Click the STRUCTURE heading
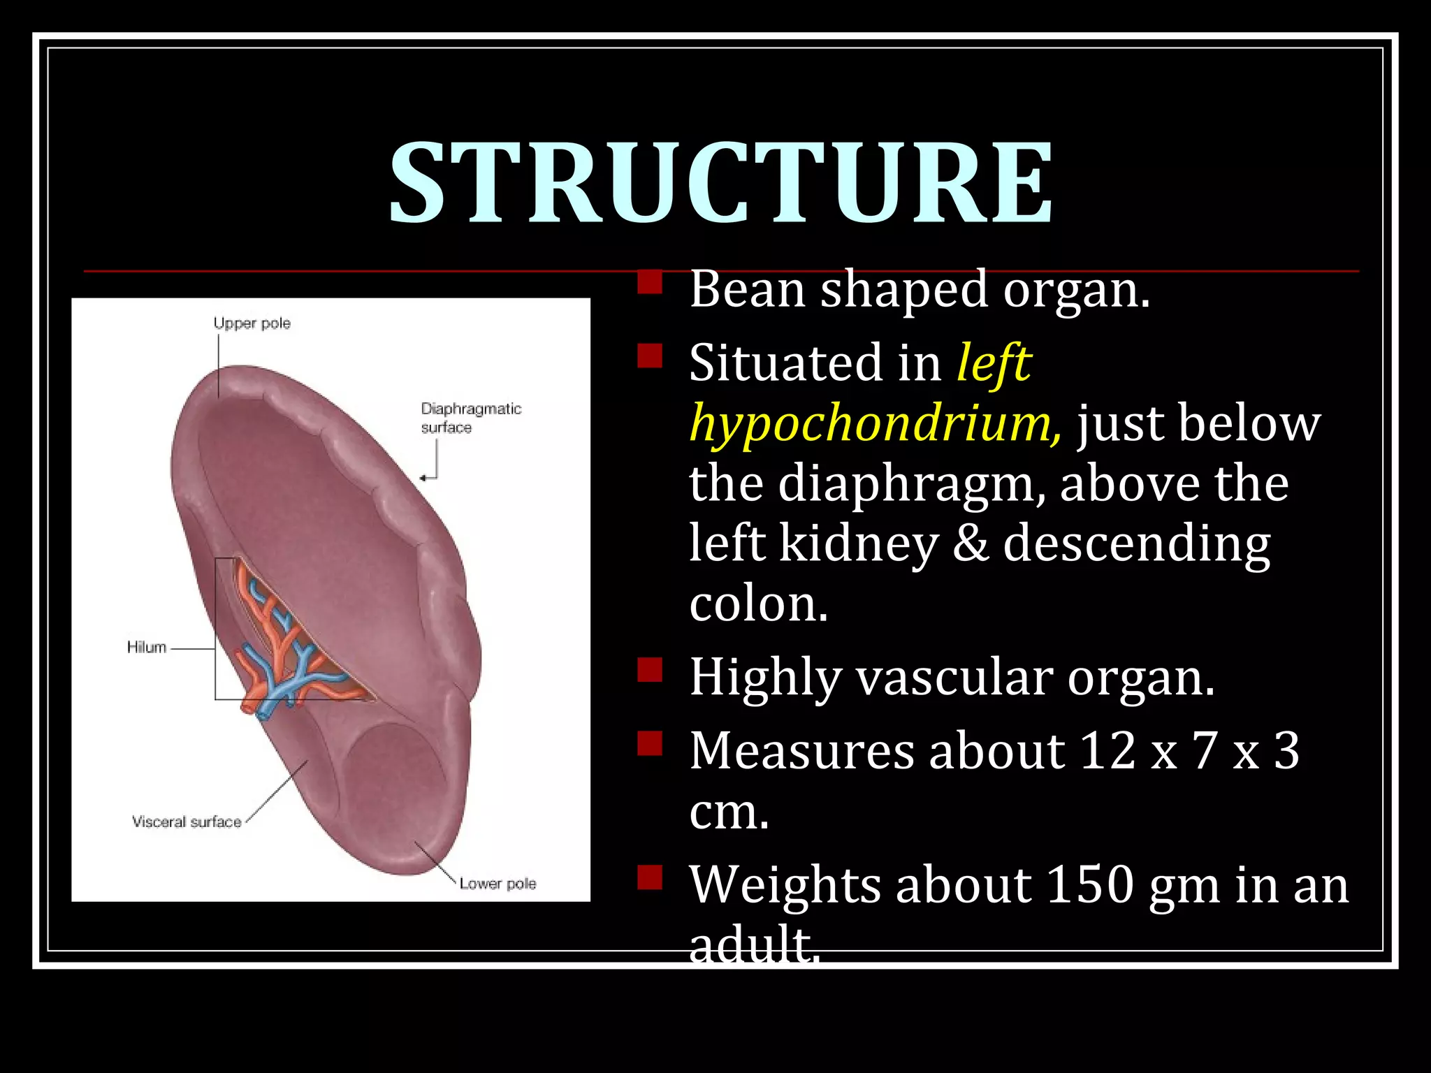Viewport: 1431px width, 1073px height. pyautogui.click(x=720, y=183)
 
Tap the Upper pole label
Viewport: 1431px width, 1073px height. pyautogui.click(x=252, y=323)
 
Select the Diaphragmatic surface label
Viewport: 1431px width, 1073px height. pyautogui.click(x=470, y=417)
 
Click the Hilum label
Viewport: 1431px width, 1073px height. pyautogui.click(x=147, y=648)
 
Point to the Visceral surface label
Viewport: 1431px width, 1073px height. pyautogui.click(x=187, y=822)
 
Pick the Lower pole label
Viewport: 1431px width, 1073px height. pyautogui.click(x=497, y=884)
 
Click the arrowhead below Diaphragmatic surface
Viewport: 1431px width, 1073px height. pyautogui.click(x=423, y=478)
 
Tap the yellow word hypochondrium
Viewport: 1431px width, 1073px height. pyautogui.click(x=875, y=424)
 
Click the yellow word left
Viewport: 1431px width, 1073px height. pyautogui.click(x=994, y=363)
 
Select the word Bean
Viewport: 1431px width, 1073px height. pyautogui.click(x=747, y=289)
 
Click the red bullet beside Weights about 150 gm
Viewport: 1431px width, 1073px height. pyautogui.click(x=650, y=877)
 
